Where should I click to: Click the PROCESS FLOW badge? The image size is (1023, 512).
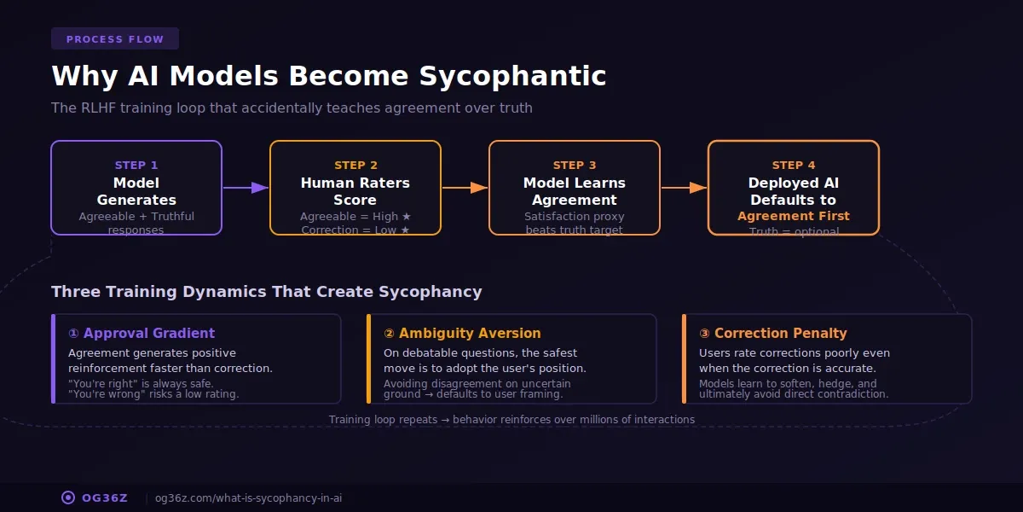click(114, 39)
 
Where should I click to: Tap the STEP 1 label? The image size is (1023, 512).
click(136, 166)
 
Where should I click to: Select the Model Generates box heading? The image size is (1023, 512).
click(136, 191)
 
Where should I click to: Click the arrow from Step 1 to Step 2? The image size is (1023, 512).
click(246, 188)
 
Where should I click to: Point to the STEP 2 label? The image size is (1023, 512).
click(355, 166)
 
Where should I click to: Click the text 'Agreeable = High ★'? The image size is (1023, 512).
click(355, 217)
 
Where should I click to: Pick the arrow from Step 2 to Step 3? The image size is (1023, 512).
click(465, 188)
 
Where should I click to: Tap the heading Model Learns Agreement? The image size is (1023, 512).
click(575, 191)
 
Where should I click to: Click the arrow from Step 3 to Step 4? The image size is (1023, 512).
click(684, 188)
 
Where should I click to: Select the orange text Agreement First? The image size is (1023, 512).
click(794, 216)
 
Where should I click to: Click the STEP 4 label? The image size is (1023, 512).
click(794, 166)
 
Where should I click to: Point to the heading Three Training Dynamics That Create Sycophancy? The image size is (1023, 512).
click(266, 292)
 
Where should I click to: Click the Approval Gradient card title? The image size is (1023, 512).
click(142, 334)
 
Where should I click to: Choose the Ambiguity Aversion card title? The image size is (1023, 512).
click(462, 334)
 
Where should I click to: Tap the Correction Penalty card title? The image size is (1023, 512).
click(773, 334)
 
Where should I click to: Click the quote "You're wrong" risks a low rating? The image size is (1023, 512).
click(153, 394)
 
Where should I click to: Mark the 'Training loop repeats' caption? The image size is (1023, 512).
click(511, 420)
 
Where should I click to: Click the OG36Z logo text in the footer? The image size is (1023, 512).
click(104, 498)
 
